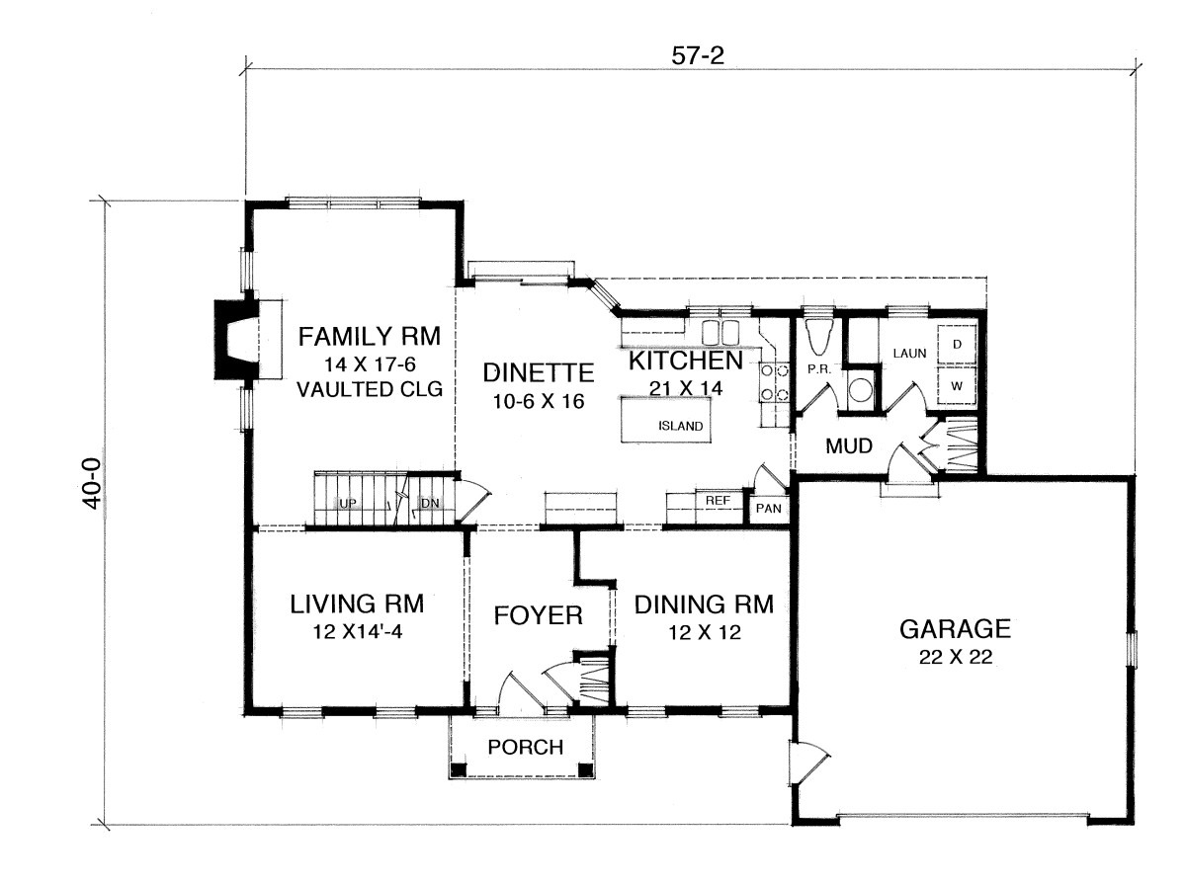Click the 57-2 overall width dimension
click(x=697, y=55)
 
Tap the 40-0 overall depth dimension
click(x=94, y=483)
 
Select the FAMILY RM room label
click(x=370, y=337)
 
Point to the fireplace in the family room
click(x=235, y=340)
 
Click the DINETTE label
click(x=539, y=372)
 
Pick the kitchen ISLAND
click(x=664, y=420)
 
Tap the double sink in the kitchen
click(x=720, y=332)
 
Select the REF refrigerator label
click(x=718, y=501)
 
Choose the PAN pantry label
click(x=768, y=508)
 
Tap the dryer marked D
click(x=957, y=344)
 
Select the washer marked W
click(x=957, y=386)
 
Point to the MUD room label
click(x=849, y=446)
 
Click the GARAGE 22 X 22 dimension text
click(x=956, y=657)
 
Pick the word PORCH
click(x=525, y=748)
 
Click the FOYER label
click(x=539, y=615)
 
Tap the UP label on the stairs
click(x=348, y=504)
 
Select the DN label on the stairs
click(x=430, y=504)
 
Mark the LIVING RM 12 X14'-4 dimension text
click(x=358, y=632)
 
